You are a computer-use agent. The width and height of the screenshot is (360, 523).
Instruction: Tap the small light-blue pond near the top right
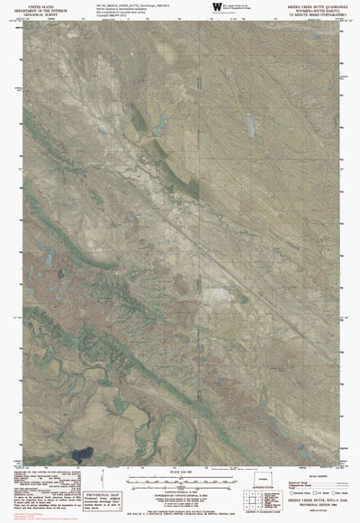(x=249, y=119)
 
